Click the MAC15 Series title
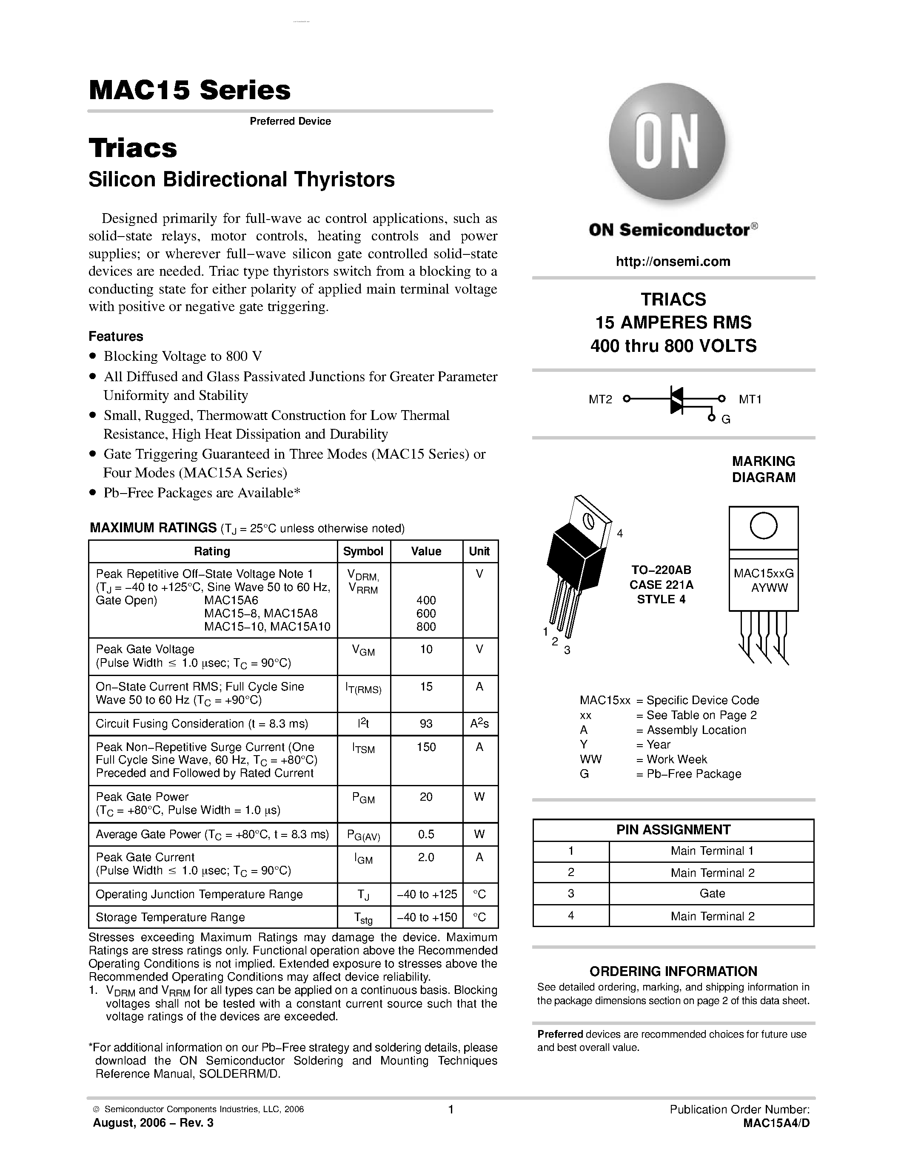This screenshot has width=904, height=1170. pos(190,90)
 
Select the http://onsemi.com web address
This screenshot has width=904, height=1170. pos(673,261)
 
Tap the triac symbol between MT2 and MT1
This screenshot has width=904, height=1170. pos(676,399)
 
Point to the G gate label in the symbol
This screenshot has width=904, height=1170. pos(726,419)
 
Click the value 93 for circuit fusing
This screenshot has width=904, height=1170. pos(426,724)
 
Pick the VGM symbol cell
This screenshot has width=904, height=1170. pos(363,651)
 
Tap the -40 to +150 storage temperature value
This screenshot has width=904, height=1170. pos(426,917)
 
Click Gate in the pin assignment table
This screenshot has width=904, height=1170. pos(712,893)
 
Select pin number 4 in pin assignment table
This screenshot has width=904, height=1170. pos(571,916)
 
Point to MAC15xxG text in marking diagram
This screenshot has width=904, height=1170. pos(763,573)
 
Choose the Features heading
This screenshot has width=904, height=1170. pos(116,337)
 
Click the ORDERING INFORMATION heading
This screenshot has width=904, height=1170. pos(673,971)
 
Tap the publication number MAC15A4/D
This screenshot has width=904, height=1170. pos(776,1123)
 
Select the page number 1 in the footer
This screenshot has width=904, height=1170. pos(451,1110)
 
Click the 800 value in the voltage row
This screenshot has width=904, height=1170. pos(426,626)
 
